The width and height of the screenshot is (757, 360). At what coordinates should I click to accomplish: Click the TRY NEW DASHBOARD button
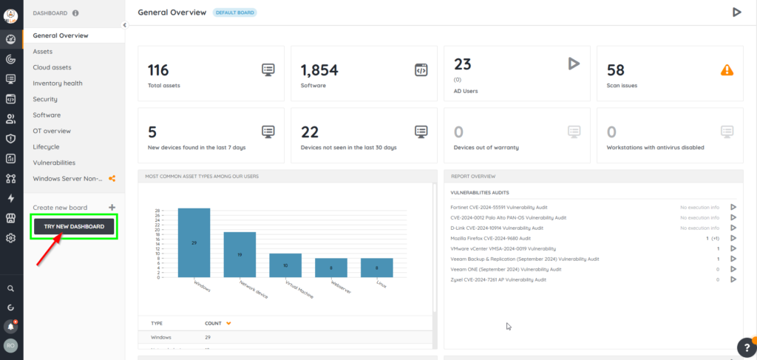point(74,226)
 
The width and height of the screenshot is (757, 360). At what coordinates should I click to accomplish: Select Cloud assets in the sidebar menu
point(52,67)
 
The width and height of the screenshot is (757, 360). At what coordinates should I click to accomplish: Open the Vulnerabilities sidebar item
point(54,163)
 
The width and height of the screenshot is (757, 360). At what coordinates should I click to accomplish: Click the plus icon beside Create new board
point(112,208)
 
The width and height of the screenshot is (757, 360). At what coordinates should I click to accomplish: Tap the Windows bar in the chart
point(194,242)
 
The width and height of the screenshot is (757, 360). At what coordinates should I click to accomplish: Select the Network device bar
point(240,254)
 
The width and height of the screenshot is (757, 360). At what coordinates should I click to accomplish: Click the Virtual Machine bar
point(285,265)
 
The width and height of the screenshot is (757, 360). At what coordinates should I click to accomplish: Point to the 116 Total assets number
point(158,70)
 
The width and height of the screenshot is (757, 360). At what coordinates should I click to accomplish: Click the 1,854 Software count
point(319,70)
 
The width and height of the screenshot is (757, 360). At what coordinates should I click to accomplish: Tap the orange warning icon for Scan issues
point(727,70)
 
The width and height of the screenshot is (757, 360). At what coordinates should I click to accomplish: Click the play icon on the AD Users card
point(574,64)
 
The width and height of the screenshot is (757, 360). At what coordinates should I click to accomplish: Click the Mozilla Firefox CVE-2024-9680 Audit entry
point(490,239)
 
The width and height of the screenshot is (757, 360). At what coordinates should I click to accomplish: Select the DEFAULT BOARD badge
point(234,13)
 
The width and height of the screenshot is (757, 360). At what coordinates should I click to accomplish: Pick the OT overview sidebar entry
point(52,131)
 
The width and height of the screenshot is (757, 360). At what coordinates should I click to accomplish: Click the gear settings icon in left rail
point(11,238)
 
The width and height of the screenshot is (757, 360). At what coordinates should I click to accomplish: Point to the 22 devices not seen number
point(310,132)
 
